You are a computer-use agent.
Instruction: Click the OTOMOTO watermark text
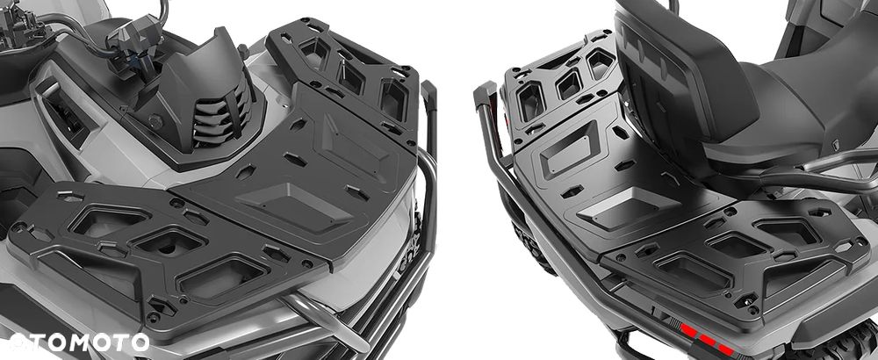[x=79, y=342]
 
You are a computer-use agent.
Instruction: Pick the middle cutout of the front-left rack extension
[x=168, y=241]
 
